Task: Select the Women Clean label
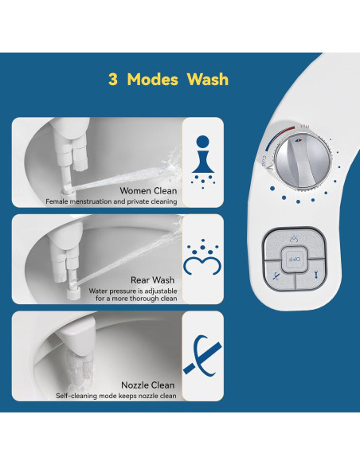pyautogui.click(x=148, y=190)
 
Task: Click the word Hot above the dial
pyautogui.click(x=304, y=127)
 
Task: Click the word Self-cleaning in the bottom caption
pyautogui.click(x=77, y=396)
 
